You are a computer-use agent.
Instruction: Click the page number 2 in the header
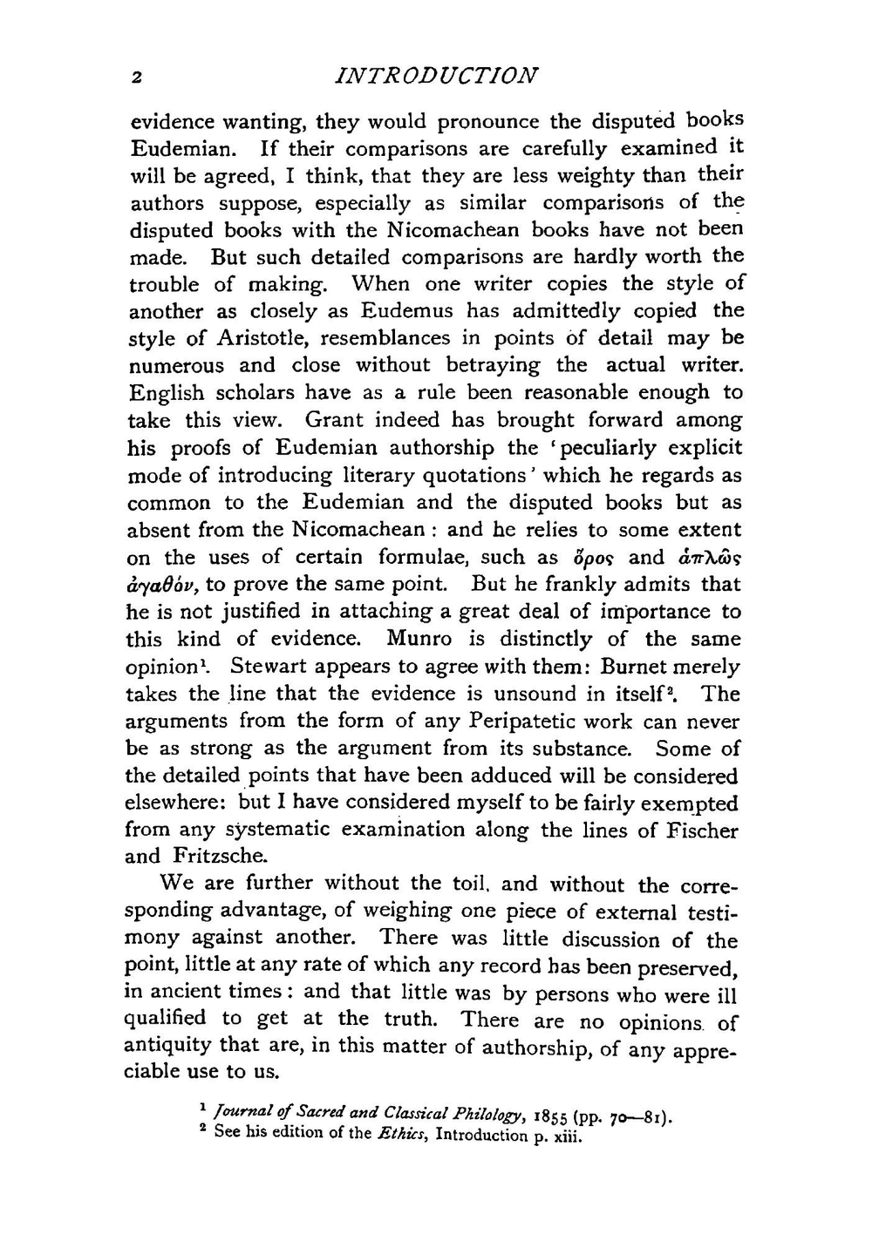click(137, 77)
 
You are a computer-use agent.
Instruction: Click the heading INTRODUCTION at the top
click(436, 75)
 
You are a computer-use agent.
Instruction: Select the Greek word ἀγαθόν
click(162, 585)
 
